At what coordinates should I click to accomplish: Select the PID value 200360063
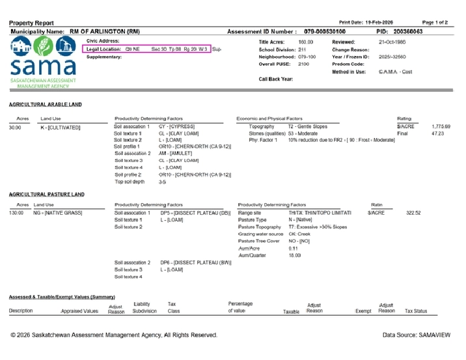(x=408, y=31)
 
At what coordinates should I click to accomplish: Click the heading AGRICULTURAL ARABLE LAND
(x=46, y=104)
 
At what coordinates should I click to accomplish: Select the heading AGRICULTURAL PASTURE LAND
(x=47, y=194)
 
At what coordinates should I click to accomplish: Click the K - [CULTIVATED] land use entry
(x=61, y=128)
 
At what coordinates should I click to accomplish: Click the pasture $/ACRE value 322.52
(x=414, y=213)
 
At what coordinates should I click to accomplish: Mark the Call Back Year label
(x=276, y=79)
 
